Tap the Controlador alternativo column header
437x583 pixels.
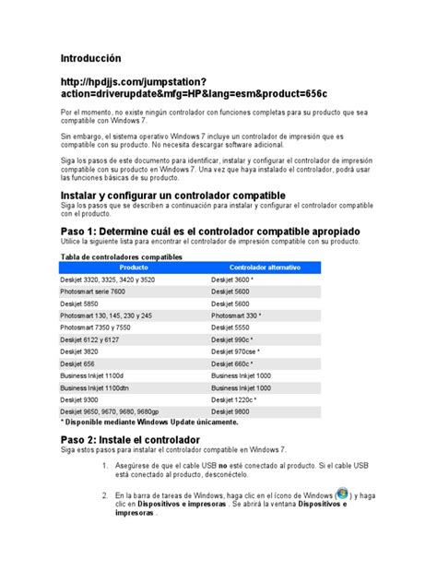pyautogui.click(x=265, y=267)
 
